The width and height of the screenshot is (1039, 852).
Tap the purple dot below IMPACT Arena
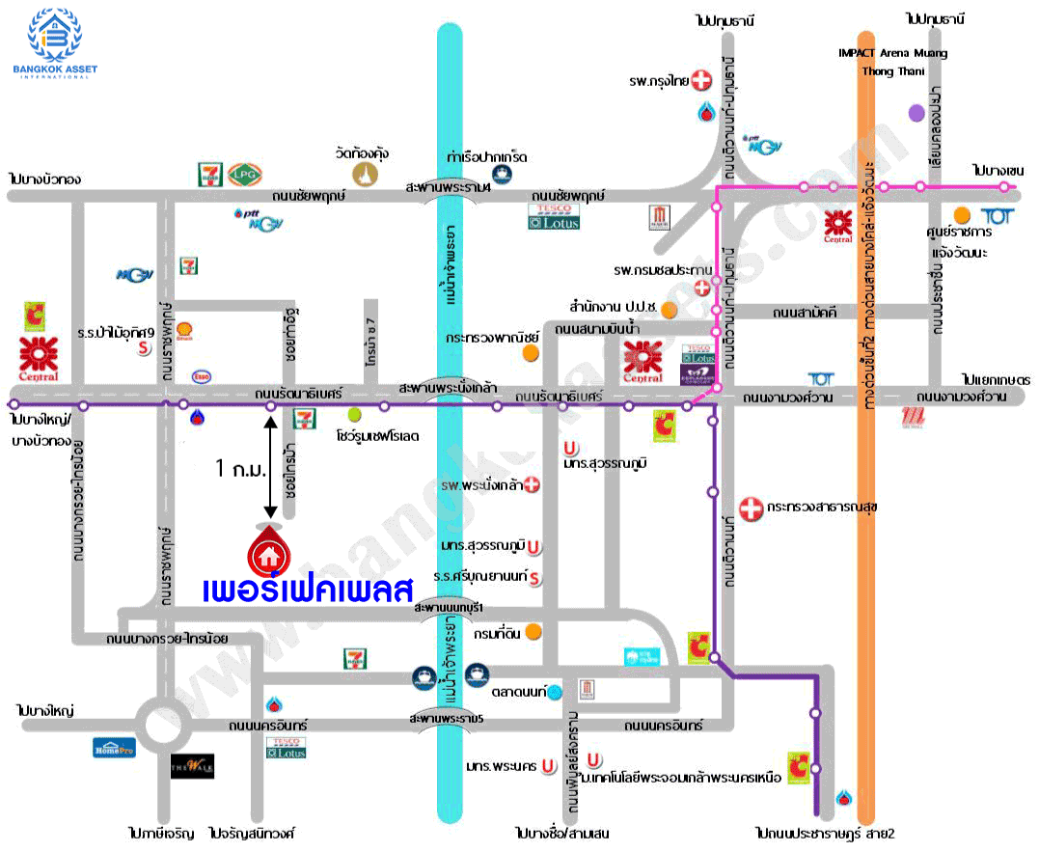pos(916,113)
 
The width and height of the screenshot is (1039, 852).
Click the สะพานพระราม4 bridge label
pos(449,187)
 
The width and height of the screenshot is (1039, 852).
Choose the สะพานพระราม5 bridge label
pos(447,720)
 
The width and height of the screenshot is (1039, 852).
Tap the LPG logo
pos(244,173)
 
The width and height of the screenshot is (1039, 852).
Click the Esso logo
pos(202,376)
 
